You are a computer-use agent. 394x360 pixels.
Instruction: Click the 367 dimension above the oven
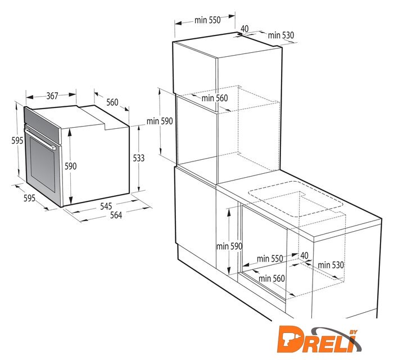pyautogui.click(x=52, y=96)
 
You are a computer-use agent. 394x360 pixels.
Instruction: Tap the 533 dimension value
pyautogui.click(x=139, y=158)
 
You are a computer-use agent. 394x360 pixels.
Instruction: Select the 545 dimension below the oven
pyautogui.click(x=106, y=206)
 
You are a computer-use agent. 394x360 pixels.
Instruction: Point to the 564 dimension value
pyautogui.click(x=116, y=215)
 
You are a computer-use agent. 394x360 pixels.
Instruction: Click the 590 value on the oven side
pyautogui.click(x=71, y=166)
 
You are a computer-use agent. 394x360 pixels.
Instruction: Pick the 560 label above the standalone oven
pyautogui.click(x=112, y=102)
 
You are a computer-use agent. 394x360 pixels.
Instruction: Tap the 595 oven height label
pyautogui.click(x=17, y=141)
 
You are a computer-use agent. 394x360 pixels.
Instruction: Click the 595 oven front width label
pyautogui.click(x=29, y=198)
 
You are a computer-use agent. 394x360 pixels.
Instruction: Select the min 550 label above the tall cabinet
pyautogui.click(x=207, y=20)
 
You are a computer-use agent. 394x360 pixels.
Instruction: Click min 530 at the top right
pyautogui.click(x=280, y=35)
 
